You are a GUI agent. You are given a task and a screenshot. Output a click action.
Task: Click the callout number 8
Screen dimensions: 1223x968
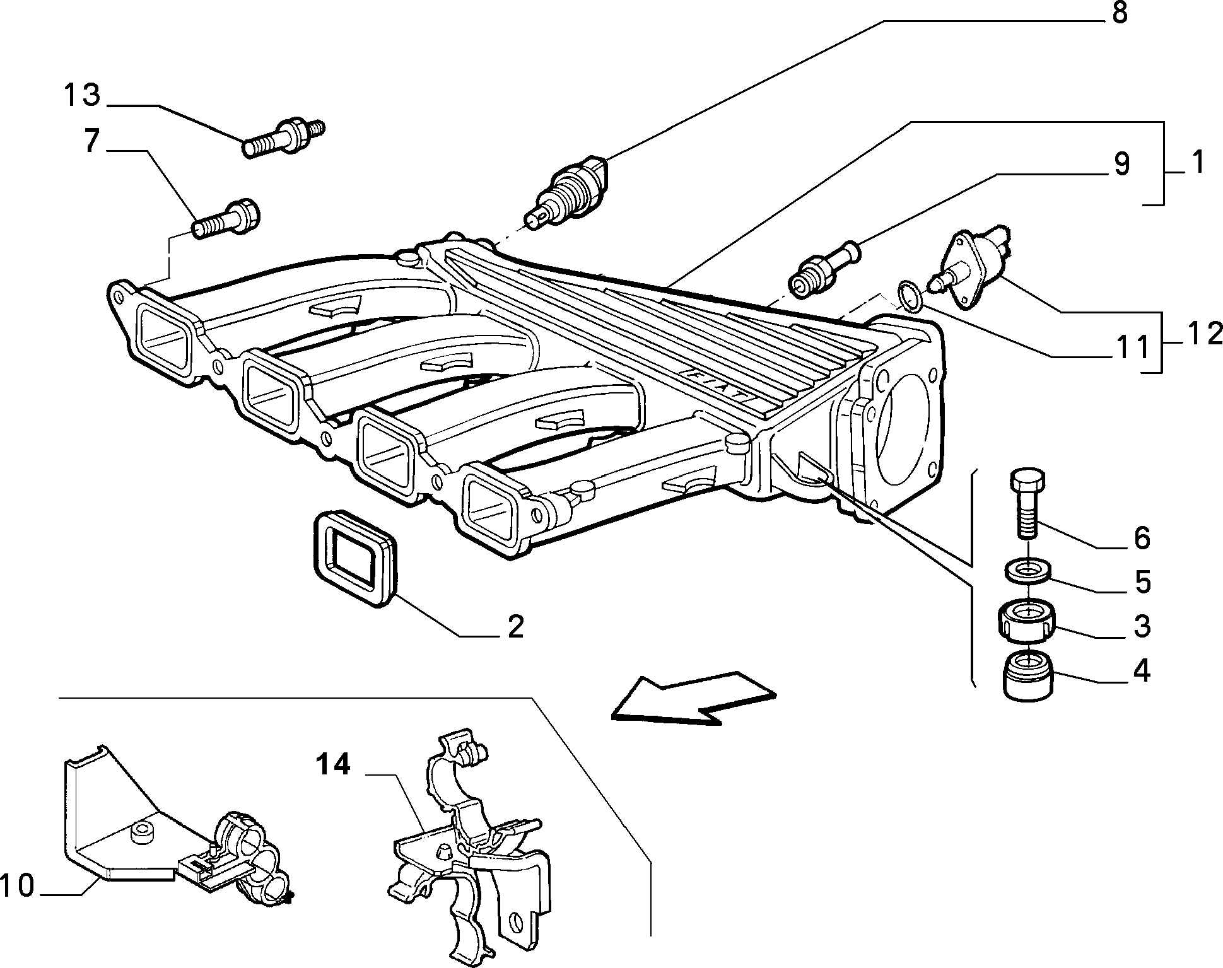(x=1120, y=13)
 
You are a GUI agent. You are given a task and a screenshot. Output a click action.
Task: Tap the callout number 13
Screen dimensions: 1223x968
(x=81, y=95)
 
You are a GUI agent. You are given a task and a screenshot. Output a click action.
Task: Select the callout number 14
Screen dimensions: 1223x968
(x=332, y=766)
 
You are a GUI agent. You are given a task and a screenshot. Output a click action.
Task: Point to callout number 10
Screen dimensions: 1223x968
(x=17, y=886)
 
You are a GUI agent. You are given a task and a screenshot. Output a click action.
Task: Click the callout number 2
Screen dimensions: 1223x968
(x=515, y=627)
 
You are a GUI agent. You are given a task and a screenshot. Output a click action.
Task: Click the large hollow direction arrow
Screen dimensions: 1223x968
(x=694, y=698)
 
